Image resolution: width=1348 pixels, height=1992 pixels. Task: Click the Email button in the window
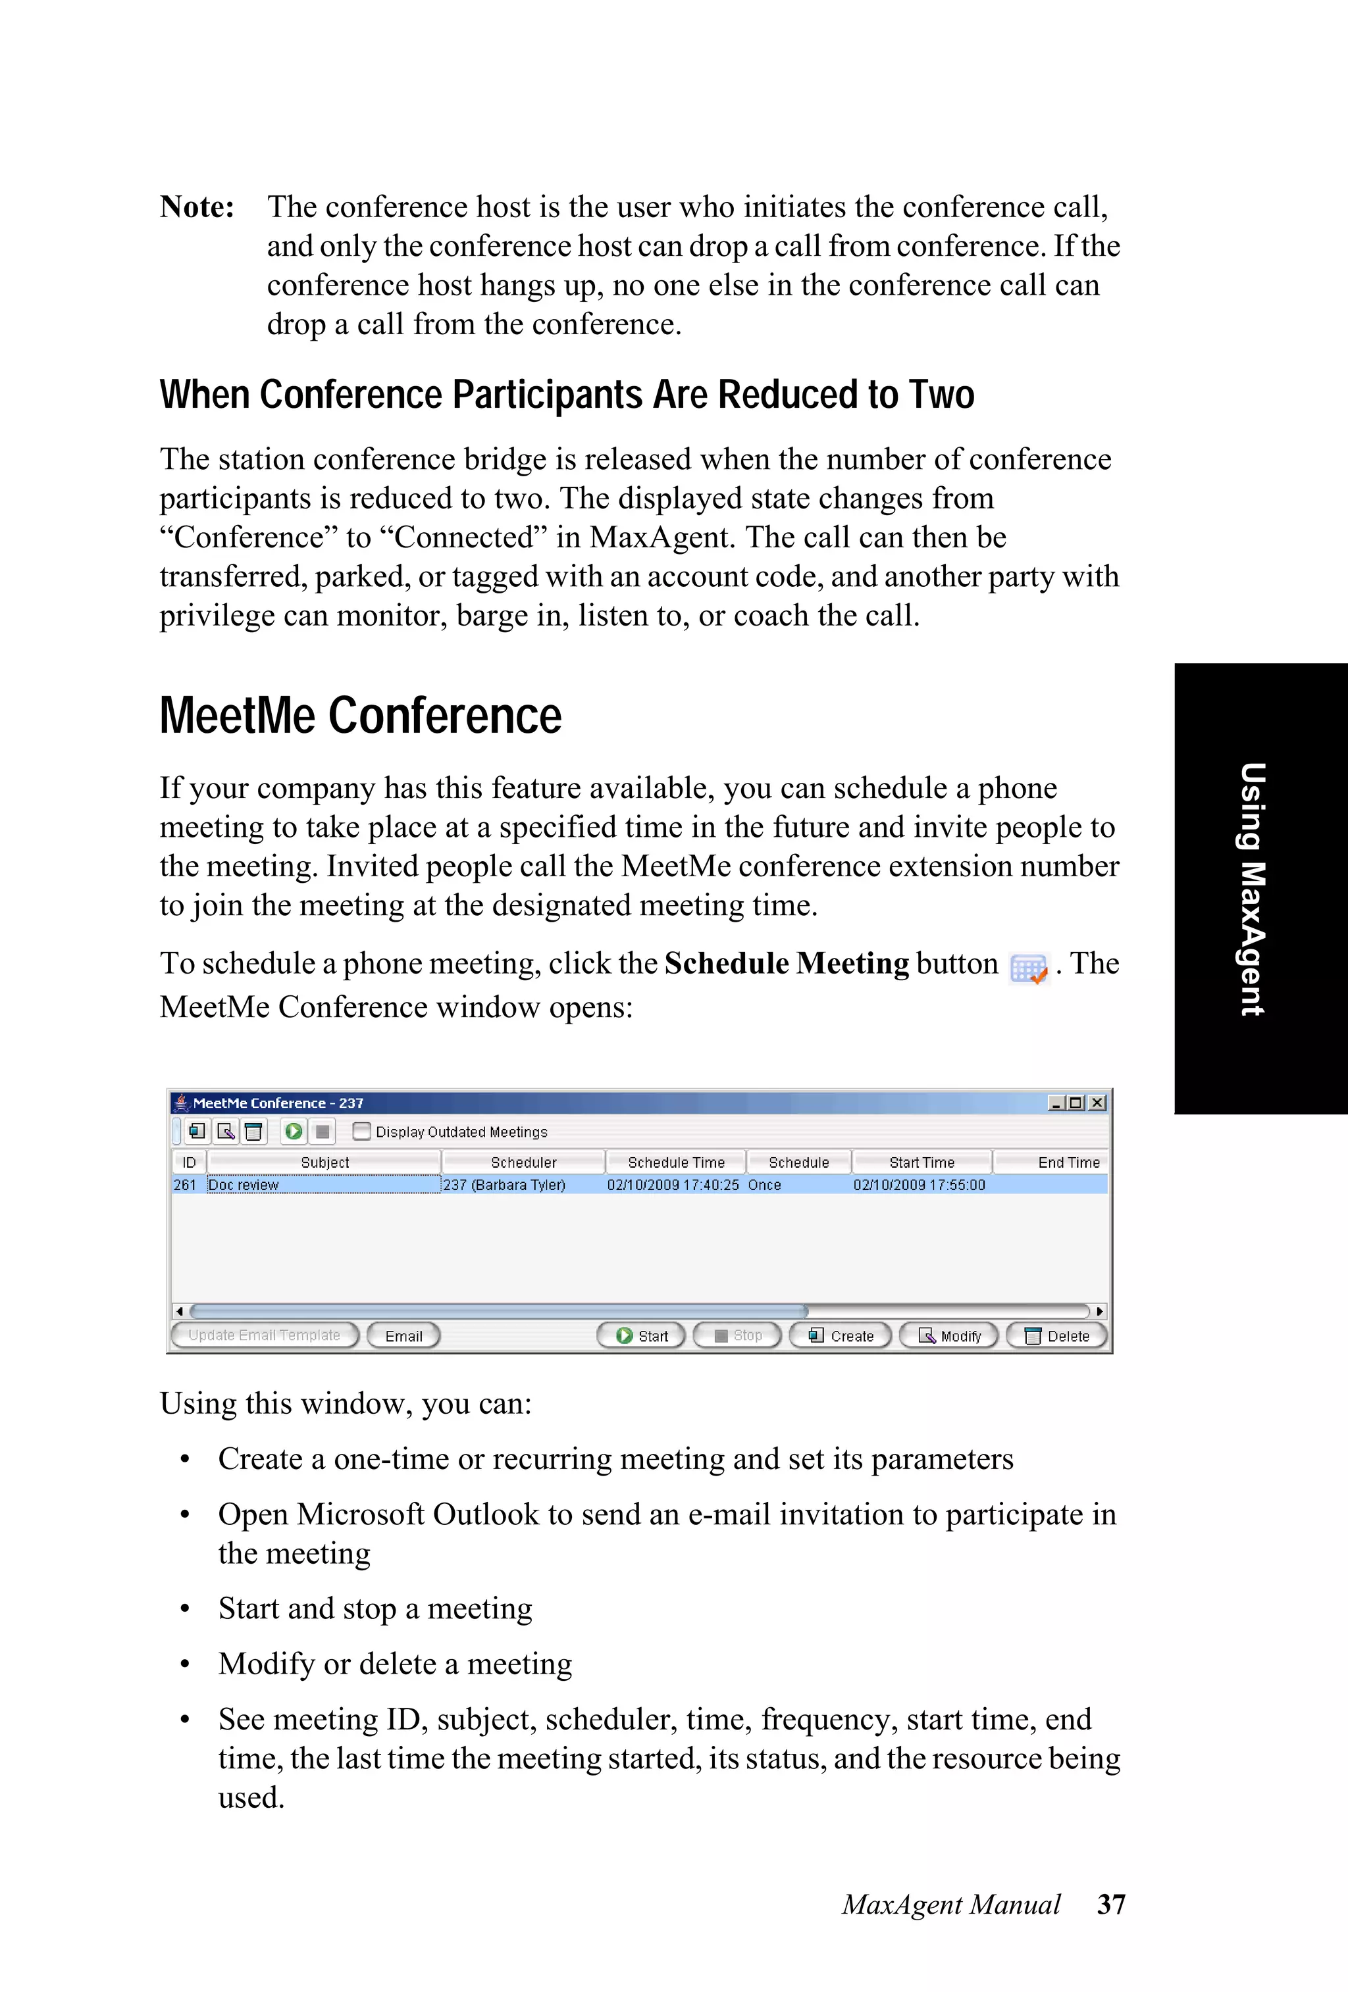click(403, 1335)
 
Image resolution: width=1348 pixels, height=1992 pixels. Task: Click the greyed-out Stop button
click(737, 1335)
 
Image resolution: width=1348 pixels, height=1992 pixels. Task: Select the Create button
click(841, 1335)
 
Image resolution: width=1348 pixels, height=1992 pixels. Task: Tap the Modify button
click(949, 1335)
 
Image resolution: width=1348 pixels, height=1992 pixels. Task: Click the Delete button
click(1056, 1335)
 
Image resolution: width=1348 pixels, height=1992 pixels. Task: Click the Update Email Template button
click(264, 1335)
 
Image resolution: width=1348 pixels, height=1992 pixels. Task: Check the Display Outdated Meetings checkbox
click(362, 1132)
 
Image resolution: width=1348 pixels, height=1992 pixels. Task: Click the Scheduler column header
click(523, 1162)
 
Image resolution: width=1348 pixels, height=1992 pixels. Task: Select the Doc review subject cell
click(323, 1185)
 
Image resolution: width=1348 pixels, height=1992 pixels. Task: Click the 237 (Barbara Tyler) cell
click(504, 1185)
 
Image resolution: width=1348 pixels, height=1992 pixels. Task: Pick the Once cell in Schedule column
click(764, 1185)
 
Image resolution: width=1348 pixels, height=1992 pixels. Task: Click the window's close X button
click(1097, 1103)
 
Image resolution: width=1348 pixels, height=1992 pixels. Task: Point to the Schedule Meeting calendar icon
click(1028, 968)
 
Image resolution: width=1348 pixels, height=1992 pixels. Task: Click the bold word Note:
click(197, 207)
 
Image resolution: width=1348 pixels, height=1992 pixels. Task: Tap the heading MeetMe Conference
click(360, 716)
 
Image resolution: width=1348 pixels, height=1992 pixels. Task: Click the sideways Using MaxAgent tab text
click(1253, 889)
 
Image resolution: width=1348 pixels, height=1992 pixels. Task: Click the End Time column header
click(1068, 1162)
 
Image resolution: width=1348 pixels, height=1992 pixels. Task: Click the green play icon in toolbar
click(294, 1132)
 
